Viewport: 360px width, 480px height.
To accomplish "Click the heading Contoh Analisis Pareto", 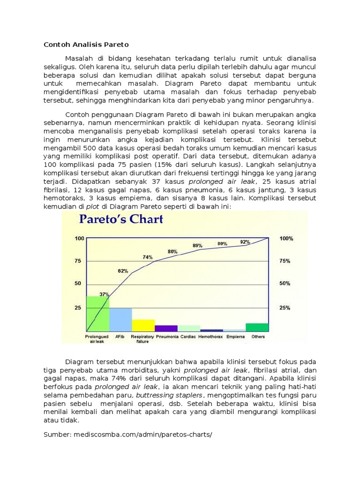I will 86,45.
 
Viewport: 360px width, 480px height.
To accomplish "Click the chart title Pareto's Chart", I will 121,219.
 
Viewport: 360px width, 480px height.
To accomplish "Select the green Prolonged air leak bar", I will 98,314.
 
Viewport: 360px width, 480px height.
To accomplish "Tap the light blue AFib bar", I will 120,320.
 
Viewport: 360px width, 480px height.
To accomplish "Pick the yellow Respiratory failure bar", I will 143,325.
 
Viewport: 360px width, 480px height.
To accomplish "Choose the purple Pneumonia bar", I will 166,328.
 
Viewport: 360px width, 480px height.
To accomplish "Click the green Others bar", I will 257,327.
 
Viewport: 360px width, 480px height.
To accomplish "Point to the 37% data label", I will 104,294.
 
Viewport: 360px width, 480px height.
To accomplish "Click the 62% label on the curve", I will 123,271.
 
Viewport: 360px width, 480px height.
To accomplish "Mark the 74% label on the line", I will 148,257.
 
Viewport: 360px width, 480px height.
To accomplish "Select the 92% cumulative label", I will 245,242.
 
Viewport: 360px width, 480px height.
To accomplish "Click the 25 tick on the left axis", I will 78,308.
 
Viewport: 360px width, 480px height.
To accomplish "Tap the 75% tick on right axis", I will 285,261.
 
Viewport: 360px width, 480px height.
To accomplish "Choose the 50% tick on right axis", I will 285,284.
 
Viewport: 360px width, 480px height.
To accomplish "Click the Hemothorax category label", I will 210,337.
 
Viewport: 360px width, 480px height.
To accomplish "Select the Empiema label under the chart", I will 235,337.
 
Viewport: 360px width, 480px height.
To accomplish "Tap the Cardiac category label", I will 188,337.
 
